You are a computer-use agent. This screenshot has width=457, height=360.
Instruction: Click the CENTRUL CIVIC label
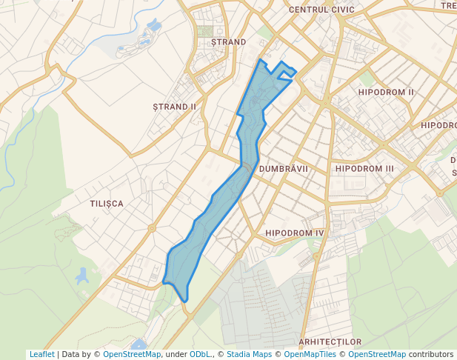(321, 10)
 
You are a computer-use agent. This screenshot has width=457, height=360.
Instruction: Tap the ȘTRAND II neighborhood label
(174, 107)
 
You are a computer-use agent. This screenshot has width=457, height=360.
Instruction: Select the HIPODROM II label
(385, 92)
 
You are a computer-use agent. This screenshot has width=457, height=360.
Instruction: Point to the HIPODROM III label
(364, 169)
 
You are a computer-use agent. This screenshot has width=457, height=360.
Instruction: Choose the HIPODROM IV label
(295, 233)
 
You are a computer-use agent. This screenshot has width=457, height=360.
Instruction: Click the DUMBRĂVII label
(284, 169)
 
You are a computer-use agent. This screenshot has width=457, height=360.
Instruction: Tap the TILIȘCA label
(106, 203)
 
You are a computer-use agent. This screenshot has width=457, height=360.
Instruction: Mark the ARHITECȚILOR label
(330, 341)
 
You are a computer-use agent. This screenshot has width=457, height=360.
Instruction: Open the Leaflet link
(41, 354)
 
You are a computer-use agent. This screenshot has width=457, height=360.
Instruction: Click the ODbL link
(199, 354)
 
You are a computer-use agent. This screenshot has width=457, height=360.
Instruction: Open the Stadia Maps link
(249, 354)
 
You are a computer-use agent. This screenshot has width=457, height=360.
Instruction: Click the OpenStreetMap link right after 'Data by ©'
(132, 354)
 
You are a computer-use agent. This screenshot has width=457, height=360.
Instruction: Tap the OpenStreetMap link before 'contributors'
(377, 354)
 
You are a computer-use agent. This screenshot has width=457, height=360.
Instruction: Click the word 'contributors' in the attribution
(431, 354)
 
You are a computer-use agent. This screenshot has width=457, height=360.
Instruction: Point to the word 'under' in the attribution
(176, 354)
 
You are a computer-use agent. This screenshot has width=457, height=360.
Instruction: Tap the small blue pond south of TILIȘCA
(82, 276)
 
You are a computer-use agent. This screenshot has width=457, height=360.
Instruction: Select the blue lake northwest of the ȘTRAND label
(154, 26)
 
